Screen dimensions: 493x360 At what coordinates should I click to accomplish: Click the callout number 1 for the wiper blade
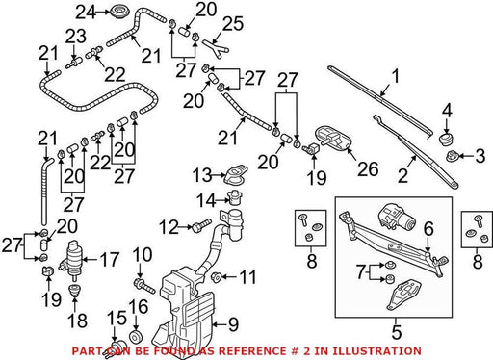click(396, 77)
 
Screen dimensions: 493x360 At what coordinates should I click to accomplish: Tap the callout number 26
click(368, 168)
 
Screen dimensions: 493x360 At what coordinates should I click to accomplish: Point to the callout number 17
click(110, 259)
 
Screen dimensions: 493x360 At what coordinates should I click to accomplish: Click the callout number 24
click(86, 13)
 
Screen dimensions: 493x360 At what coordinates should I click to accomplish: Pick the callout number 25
click(233, 24)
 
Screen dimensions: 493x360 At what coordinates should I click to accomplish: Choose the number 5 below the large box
click(397, 332)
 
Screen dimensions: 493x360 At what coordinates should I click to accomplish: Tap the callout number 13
click(202, 175)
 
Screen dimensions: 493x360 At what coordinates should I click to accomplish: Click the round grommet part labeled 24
click(119, 13)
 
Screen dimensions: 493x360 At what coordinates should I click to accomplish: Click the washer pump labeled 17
click(73, 259)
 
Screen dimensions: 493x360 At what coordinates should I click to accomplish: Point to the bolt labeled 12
click(202, 225)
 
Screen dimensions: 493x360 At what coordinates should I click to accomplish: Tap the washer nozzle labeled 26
click(332, 138)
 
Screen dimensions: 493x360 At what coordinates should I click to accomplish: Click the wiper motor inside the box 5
click(396, 218)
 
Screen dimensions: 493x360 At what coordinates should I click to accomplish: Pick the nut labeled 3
click(453, 156)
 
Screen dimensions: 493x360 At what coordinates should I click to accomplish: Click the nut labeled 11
click(216, 276)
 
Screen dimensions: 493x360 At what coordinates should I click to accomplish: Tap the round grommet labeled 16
click(136, 337)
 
